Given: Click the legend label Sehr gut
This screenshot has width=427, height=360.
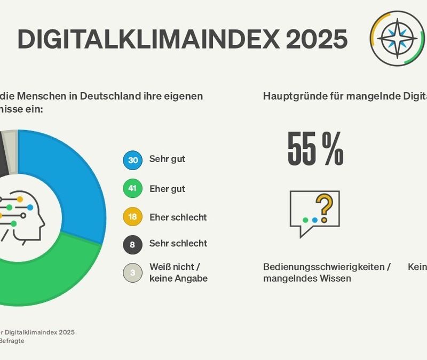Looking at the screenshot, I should click(168, 159).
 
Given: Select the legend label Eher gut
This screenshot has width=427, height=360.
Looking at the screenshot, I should click(168, 189).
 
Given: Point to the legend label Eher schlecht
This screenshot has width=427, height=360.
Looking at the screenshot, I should click(178, 218).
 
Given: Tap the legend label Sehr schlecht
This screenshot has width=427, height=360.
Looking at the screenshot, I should click(178, 243).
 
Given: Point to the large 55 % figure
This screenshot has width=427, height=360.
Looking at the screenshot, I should click(315, 148).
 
